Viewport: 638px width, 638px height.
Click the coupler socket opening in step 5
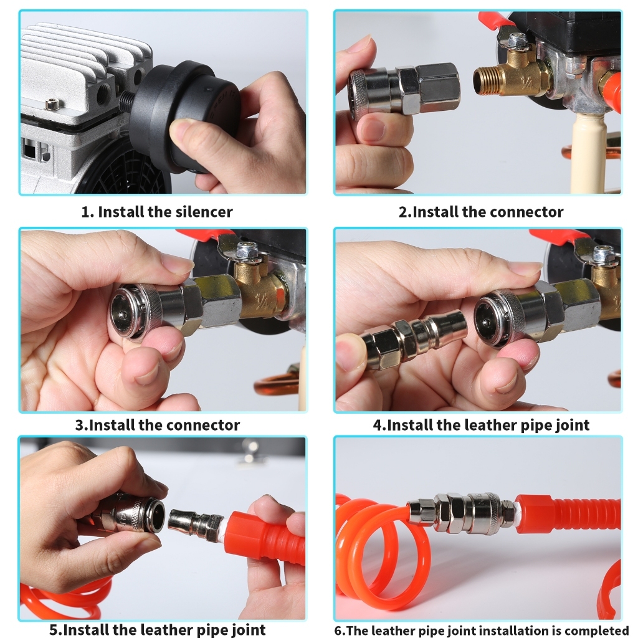(156, 515)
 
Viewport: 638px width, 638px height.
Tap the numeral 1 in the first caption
(85, 212)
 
